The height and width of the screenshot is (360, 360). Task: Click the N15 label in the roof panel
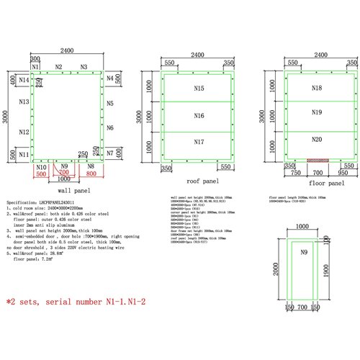click(199, 88)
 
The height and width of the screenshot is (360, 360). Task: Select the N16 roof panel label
click(199, 115)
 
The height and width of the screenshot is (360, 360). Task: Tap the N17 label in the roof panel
click(199, 142)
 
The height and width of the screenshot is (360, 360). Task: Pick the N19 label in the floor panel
click(316, 113)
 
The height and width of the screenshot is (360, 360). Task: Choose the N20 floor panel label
click(316, 138)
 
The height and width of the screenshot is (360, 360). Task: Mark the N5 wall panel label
click(110, 104)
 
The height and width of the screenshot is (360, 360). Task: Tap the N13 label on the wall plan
click(24, 103)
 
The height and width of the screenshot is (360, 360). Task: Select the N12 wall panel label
click(24, 132)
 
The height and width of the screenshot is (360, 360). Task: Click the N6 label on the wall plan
click(110, 127)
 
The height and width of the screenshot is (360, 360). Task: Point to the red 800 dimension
click(91, 174)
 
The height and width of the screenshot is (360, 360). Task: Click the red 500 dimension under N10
click(41, 174)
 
